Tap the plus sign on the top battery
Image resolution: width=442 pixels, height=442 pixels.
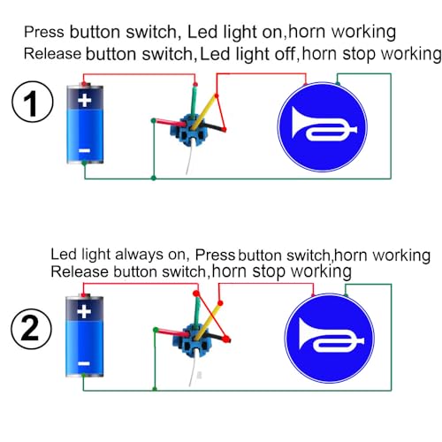(84, 101)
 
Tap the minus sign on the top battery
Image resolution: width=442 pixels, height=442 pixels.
(84, 151)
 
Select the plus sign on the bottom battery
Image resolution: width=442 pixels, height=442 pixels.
(83, 313)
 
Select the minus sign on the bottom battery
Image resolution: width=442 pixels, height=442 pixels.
(83, 363)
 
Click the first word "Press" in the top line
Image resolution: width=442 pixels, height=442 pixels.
(44, 32)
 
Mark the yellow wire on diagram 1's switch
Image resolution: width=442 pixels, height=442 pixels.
(206, 107)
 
